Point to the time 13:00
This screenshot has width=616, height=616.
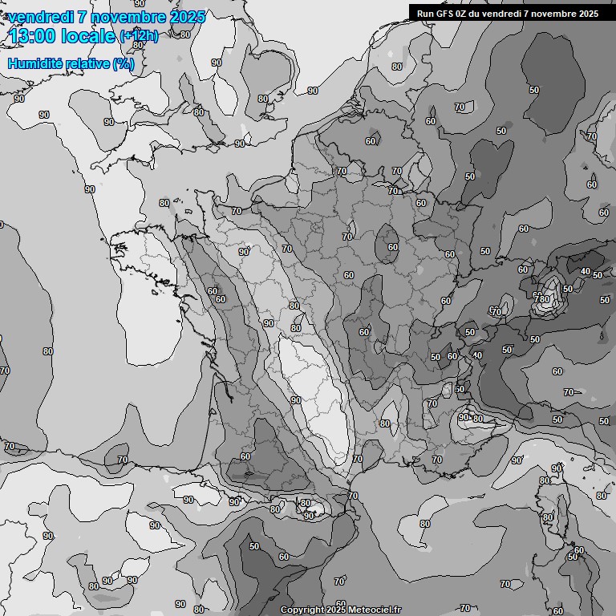(x=35, y=36)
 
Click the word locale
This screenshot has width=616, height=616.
(x=91, y=36)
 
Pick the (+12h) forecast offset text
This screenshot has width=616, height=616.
(x=139, y=36)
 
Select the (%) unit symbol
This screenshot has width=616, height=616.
(x=123, y=63)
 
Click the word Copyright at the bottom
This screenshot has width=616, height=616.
(x=302, y=610)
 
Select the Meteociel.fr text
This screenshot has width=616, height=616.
(x=375, y=610)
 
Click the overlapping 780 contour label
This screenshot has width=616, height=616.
(x=543, y=299)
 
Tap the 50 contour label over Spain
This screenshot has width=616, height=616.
(x=254, y=546)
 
